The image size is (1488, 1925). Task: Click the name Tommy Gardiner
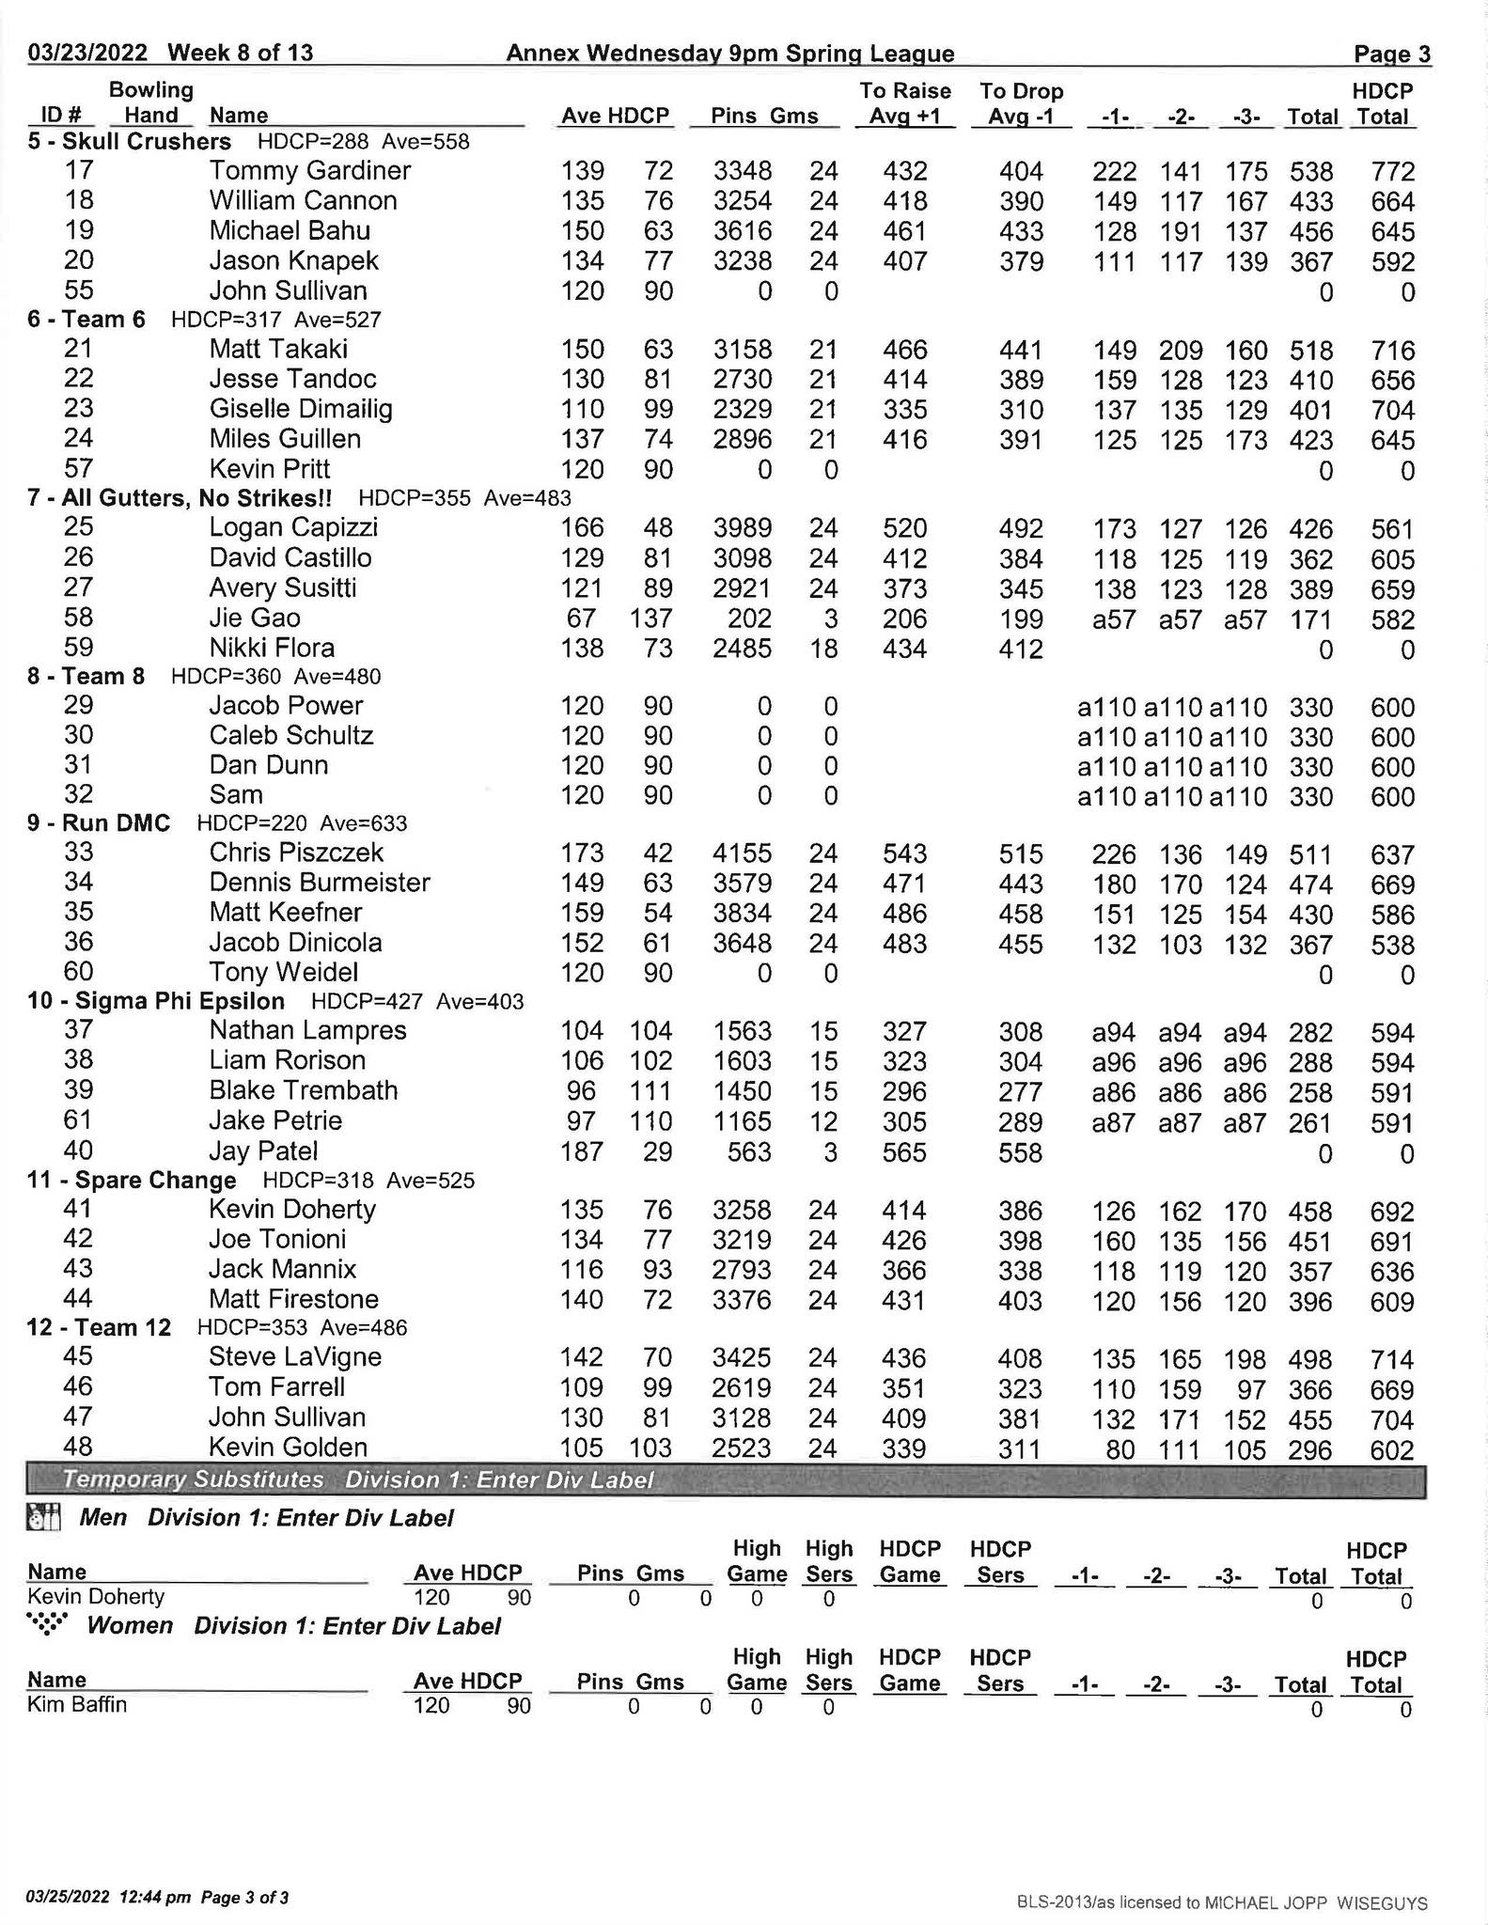pos(309,171)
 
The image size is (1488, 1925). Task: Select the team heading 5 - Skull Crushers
pos(129,142)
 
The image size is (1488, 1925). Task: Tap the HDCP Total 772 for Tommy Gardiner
pos(1392,172)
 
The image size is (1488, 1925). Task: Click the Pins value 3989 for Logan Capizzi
pos(742,529)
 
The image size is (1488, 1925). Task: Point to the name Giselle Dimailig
pos(300,409)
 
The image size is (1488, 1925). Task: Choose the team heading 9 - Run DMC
pos(99,824)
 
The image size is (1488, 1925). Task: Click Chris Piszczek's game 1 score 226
pos(1114,855)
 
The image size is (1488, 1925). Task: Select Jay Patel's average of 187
pos(582,1152)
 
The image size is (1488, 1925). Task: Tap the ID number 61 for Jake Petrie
pos(78,1120)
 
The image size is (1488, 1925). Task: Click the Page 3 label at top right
pos(1391,55)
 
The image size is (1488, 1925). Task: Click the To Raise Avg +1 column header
pos(904,103)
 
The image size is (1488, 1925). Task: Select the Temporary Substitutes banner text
pos(193,1480)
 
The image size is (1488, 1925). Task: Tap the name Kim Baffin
pos(76,1705)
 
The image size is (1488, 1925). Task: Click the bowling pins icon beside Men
pos(44,1518)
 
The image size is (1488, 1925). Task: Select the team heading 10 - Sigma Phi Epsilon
pos(156,1002)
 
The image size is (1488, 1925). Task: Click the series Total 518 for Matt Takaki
pos(1311,352)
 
